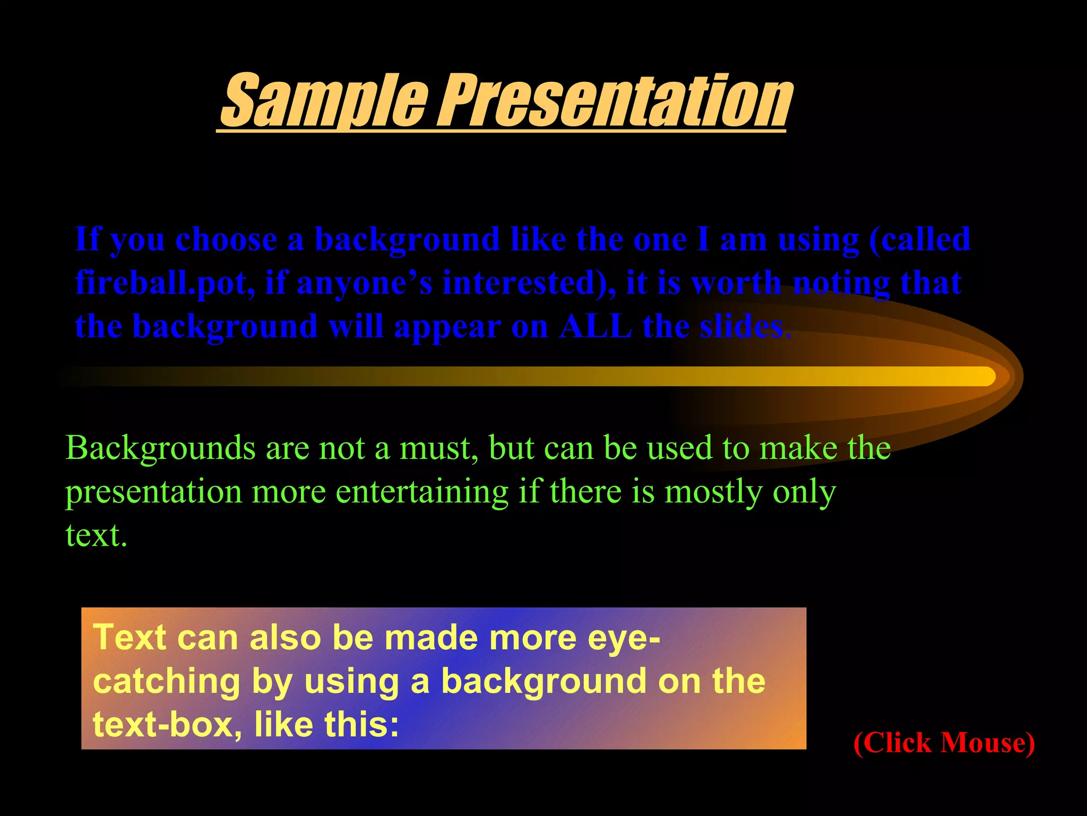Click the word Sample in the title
point(324,101)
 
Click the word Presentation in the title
point(616,101)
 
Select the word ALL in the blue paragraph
point(596,326)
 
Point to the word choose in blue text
point(226,240)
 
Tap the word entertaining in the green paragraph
point(422,492)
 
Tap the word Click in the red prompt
point(897,743)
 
